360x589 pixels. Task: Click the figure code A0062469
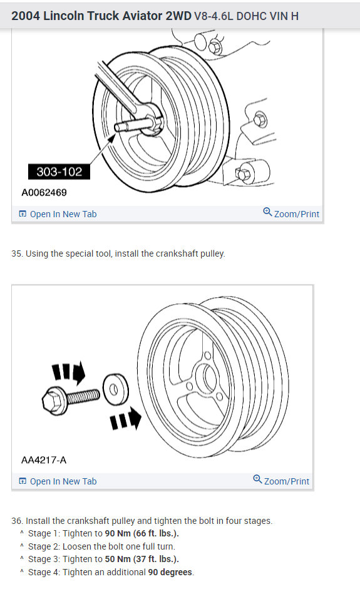click(x=44, y=193)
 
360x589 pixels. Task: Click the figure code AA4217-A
click(x=44, y=460)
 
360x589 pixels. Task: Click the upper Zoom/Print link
click(x=291, y=213)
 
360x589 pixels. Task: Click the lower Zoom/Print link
click(x=281, y=481)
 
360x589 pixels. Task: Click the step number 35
click(x=16, y=254)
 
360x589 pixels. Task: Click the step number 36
click(x=16, y=521)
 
